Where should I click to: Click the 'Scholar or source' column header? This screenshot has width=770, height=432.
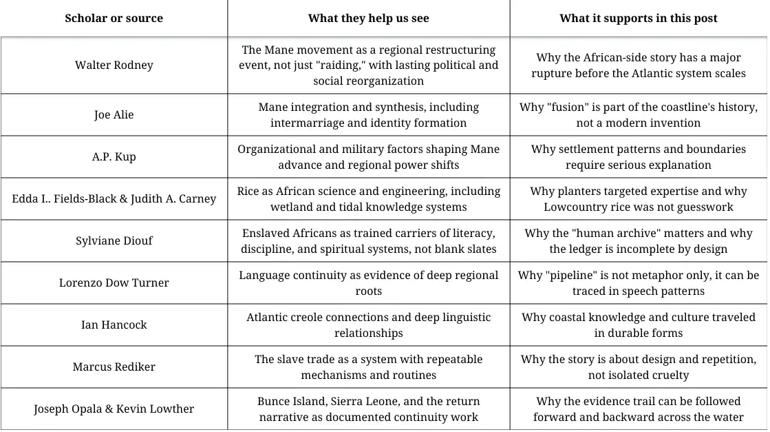(x=114, y=19)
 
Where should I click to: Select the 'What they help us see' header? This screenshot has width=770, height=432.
(x=368, y=19)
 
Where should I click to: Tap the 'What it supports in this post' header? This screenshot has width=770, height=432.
(x=638, y=19)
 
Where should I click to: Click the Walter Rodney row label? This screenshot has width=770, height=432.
(x=114, y=65)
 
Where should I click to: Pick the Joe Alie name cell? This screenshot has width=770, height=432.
(x=114, y=114)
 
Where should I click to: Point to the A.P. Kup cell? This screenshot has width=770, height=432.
(x=114, y=156)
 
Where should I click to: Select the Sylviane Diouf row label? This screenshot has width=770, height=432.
(x=114, y=240)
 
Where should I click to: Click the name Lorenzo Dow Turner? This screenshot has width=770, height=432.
(x=114, y=282)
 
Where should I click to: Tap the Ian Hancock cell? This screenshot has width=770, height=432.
(x=114, y=325)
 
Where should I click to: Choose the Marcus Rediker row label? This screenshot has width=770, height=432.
(x=114, y=367)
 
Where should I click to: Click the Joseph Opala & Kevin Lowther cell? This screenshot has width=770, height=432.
(x=114, y=409)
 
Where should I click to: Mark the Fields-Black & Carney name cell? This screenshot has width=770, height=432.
(x=114, y=198)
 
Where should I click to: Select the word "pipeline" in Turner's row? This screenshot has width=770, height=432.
(x=571, y=276)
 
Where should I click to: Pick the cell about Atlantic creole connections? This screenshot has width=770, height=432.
(x=368, y=325)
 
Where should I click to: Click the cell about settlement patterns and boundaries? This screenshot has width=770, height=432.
(x=638, y=156)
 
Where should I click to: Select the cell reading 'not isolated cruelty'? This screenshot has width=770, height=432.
(x=638, y=376)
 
